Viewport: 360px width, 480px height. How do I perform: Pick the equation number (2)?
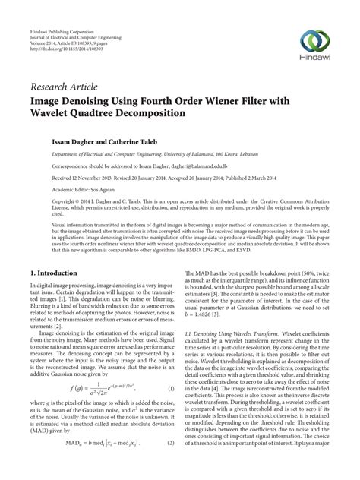coord(171,463)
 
